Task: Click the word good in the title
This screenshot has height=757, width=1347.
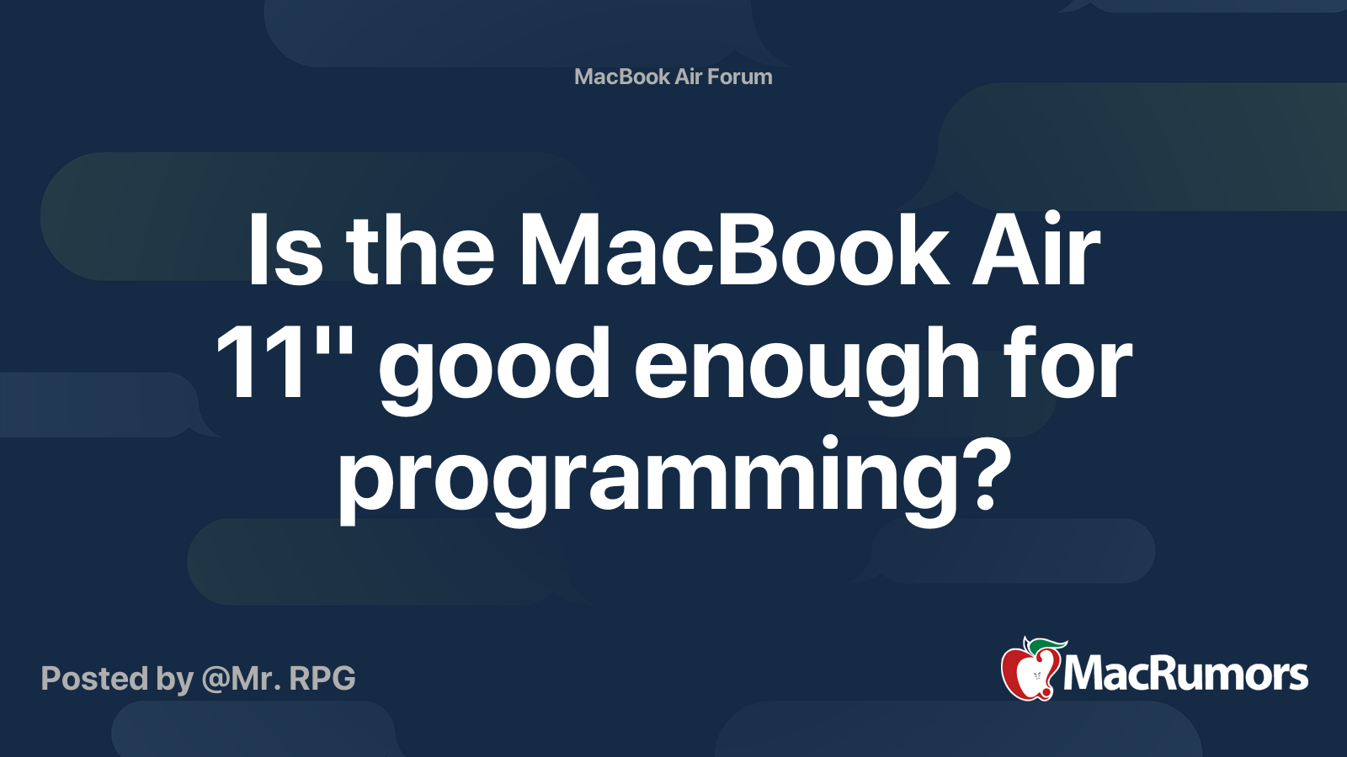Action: tap(494, 369)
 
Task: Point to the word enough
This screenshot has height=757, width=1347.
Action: tap(807, 369)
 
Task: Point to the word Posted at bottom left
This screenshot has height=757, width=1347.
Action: tap(95, 678)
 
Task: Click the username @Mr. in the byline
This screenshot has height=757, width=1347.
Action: tap(241, 678)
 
